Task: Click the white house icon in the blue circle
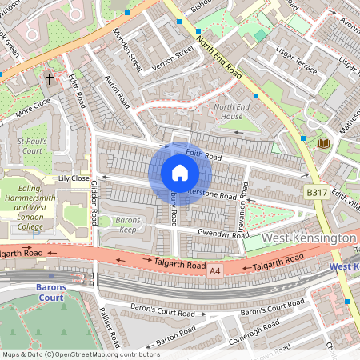pos(180,173)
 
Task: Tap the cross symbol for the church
pos(50,79)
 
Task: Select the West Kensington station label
pos(308,239)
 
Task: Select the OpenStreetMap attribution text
pos(80,354)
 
